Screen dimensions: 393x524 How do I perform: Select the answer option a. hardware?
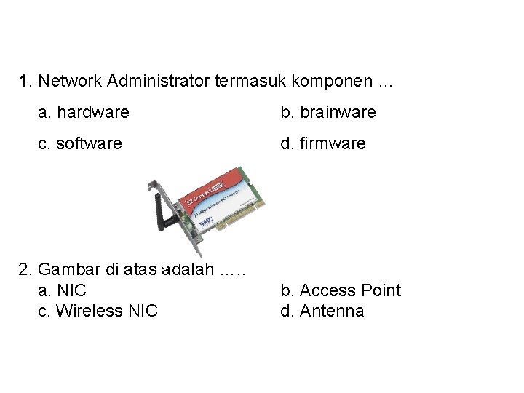click(84, 112)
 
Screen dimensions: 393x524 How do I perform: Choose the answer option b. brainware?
click(328, 112)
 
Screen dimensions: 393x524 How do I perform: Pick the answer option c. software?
click(80, 143)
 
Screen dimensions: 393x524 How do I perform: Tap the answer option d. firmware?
click(323, 143)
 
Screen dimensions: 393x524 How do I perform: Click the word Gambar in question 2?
click(69, 270)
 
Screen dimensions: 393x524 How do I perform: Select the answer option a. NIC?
click(62, 290)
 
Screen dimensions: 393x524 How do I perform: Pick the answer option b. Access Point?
click(341, 290)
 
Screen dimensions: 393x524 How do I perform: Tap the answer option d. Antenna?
click(322, 311)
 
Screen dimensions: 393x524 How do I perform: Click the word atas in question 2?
click(140, 270)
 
